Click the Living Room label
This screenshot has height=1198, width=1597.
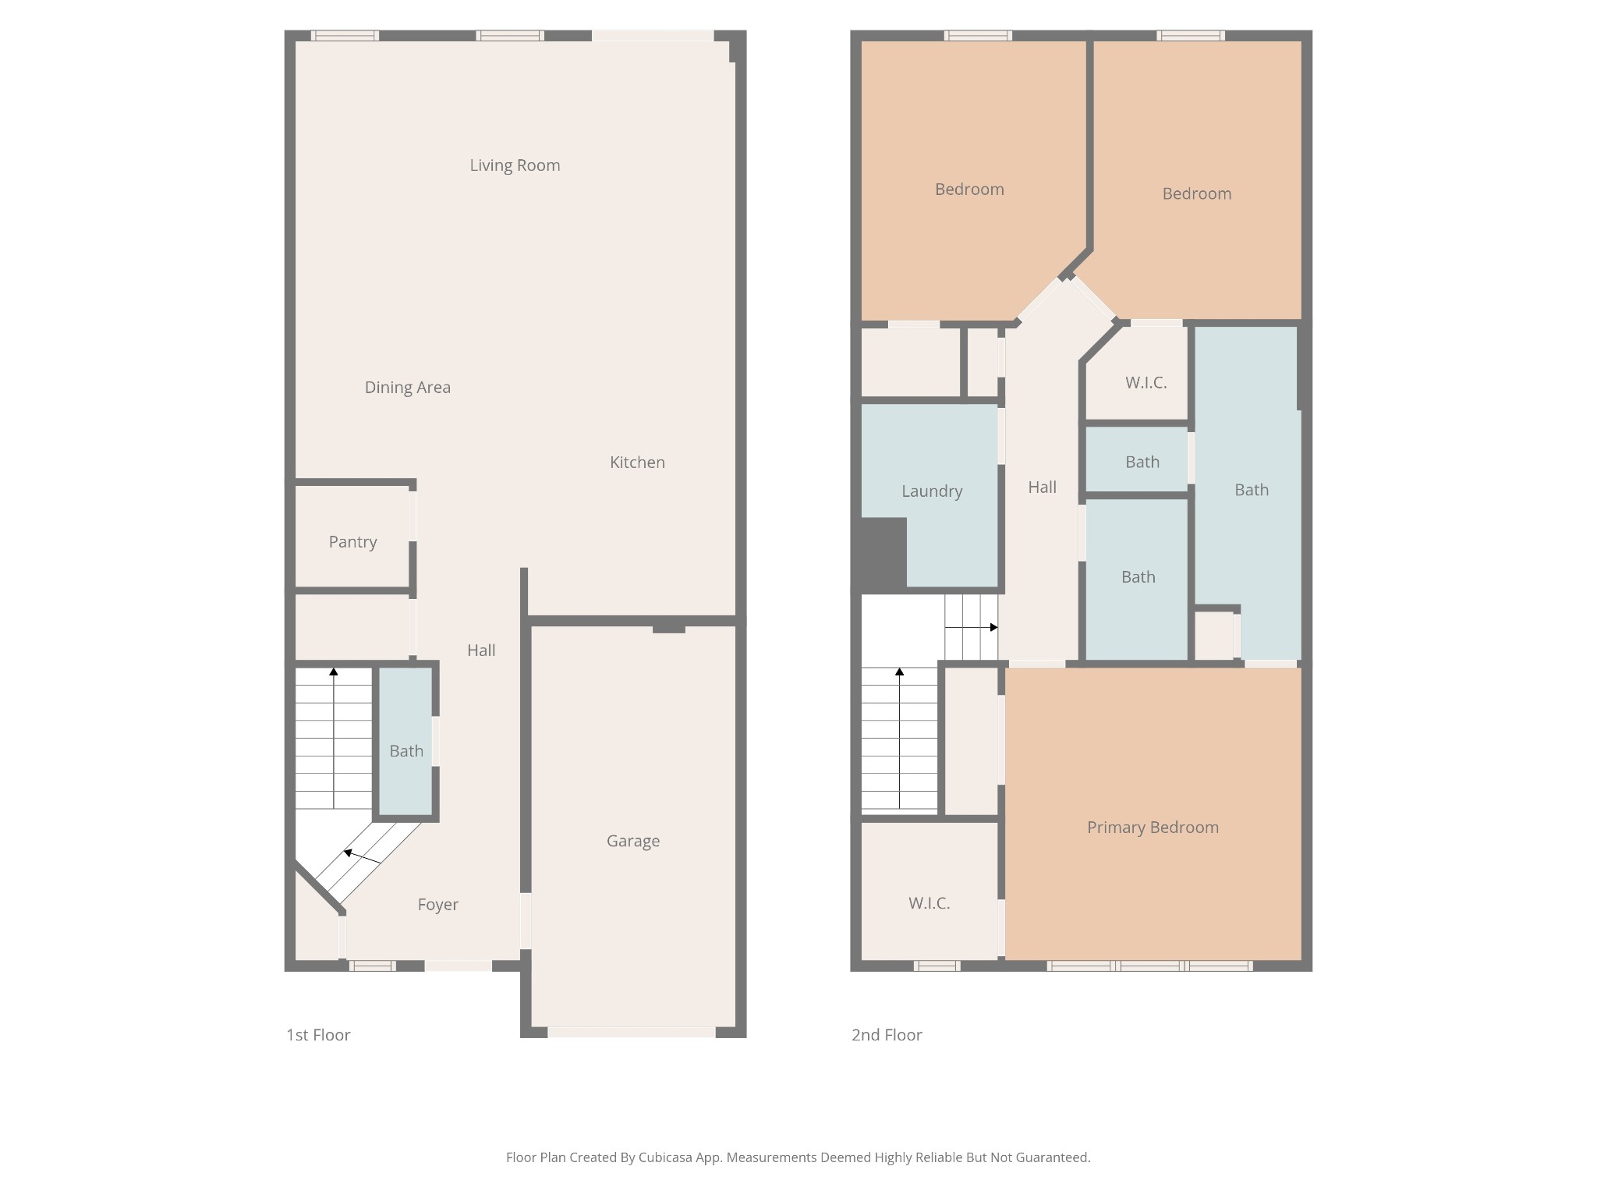coord(515,165)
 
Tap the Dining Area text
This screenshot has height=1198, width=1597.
coord(407,388)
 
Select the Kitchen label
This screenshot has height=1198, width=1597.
coord(637,463)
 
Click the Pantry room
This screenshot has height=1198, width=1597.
coord(352,542)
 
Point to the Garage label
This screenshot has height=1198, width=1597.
coord(632,841)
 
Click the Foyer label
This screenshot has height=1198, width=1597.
coord(437,905)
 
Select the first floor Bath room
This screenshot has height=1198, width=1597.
coord(406,751)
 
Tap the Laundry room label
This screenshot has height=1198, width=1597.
coord(932,491)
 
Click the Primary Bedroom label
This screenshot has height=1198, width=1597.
coord(1153,828)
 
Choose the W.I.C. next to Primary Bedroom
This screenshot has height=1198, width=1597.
coord(929,903)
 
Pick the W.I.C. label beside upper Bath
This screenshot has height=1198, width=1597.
coord(1146,383)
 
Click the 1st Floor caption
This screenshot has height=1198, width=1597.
coord(318,1035)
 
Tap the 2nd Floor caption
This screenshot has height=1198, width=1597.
coord(887,1035)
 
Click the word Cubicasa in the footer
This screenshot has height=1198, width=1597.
coord(666,1157)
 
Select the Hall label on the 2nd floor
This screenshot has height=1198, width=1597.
coord(1042,487)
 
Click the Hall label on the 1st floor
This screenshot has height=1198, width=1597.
coord(481,650)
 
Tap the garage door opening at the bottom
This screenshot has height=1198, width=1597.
coord(632,1032)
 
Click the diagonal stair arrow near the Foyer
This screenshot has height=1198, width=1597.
coord(362,856)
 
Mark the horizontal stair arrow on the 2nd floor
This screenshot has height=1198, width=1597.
coord(972,627)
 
